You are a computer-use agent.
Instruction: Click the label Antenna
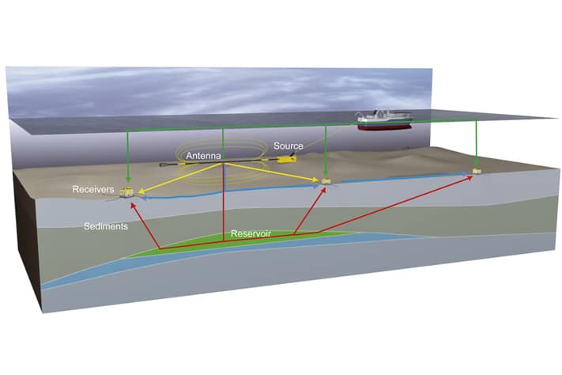coord(203,157)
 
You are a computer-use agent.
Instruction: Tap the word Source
coord(289,146)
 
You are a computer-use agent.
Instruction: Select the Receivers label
coord(93,190)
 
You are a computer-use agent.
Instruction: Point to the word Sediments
coord(107,227)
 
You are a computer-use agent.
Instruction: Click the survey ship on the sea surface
coord(383,119)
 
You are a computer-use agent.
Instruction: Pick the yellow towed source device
coord(284,161)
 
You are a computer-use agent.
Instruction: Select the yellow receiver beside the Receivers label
coord(126,191)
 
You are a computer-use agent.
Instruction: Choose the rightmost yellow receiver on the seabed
coord(476,170)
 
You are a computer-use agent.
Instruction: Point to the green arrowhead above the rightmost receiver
coord(475,163)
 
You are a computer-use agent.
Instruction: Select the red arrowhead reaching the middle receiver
coord(324,191)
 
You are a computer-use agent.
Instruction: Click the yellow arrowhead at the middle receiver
coord(318,181)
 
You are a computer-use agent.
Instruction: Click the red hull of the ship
coord(384,124)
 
